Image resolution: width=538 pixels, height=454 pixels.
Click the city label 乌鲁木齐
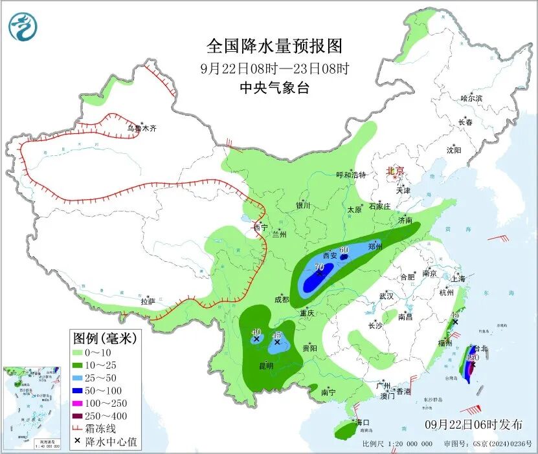pyautogui.click(x=141, y=129)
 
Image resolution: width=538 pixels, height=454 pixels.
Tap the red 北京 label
pyautogui.click(x=395, y=171)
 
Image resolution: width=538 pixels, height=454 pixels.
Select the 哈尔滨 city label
pyautogui.click(x=471, y=98)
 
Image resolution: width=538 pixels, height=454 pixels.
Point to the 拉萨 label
pyautogui.click(x=148, y=301)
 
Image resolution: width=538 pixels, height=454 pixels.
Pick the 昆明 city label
pyautogui.click(x=266, y=366)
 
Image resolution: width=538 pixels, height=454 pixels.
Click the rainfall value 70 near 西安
pyautogui.click(x=319, y=266)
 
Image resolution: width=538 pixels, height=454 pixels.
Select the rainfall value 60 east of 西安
pyautogui.click(x=344, y=250)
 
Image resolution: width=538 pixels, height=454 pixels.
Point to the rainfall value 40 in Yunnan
pyautogui.click(x=256, y=332)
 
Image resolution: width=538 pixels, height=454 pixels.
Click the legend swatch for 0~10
pyautogui.click(x=83, y=353)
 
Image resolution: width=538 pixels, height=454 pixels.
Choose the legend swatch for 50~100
pyautogui.click(x=83, y=391)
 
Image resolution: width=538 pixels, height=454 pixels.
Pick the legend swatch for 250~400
pyautogui.click(x=83, y=416)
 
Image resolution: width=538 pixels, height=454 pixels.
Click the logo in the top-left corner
pyautogui.click(x=23, y=27)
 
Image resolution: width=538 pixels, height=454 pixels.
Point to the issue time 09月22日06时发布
pyautogui.click(x=474, y=425)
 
